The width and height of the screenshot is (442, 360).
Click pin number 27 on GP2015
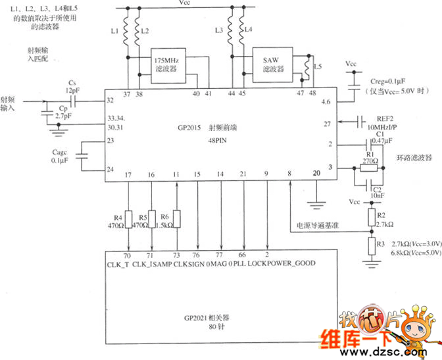[326, 123]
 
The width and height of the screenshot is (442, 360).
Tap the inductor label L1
[114, 31]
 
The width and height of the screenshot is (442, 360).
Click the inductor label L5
[318, 66]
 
